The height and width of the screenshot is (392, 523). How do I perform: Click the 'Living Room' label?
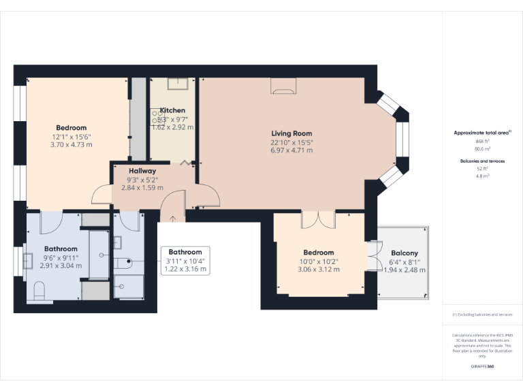click(291, 133)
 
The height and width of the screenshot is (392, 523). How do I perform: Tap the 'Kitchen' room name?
click(172, 110)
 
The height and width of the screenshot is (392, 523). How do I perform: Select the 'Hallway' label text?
click(142, 171)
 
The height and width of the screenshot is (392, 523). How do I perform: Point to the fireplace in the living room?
click(284, 85)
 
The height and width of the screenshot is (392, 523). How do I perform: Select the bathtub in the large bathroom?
click(99, 255)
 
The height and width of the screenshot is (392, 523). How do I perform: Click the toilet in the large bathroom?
click(39, 292)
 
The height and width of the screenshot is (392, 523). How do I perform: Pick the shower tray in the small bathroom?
click(129, 287)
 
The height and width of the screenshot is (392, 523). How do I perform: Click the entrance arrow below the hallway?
click(172, 218)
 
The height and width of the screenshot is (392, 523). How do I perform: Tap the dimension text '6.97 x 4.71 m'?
click(291, 150)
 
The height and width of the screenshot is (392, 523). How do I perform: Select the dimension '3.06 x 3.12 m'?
click(319, 269)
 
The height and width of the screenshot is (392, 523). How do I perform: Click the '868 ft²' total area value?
click(483, 141)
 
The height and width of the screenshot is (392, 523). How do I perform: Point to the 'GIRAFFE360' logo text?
click(482, 367)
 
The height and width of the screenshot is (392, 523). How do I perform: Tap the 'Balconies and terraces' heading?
click(483, 161)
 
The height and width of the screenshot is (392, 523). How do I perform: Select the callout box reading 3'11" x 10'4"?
click(185, 261)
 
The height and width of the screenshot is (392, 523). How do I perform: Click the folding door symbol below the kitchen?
click(186, 163)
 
